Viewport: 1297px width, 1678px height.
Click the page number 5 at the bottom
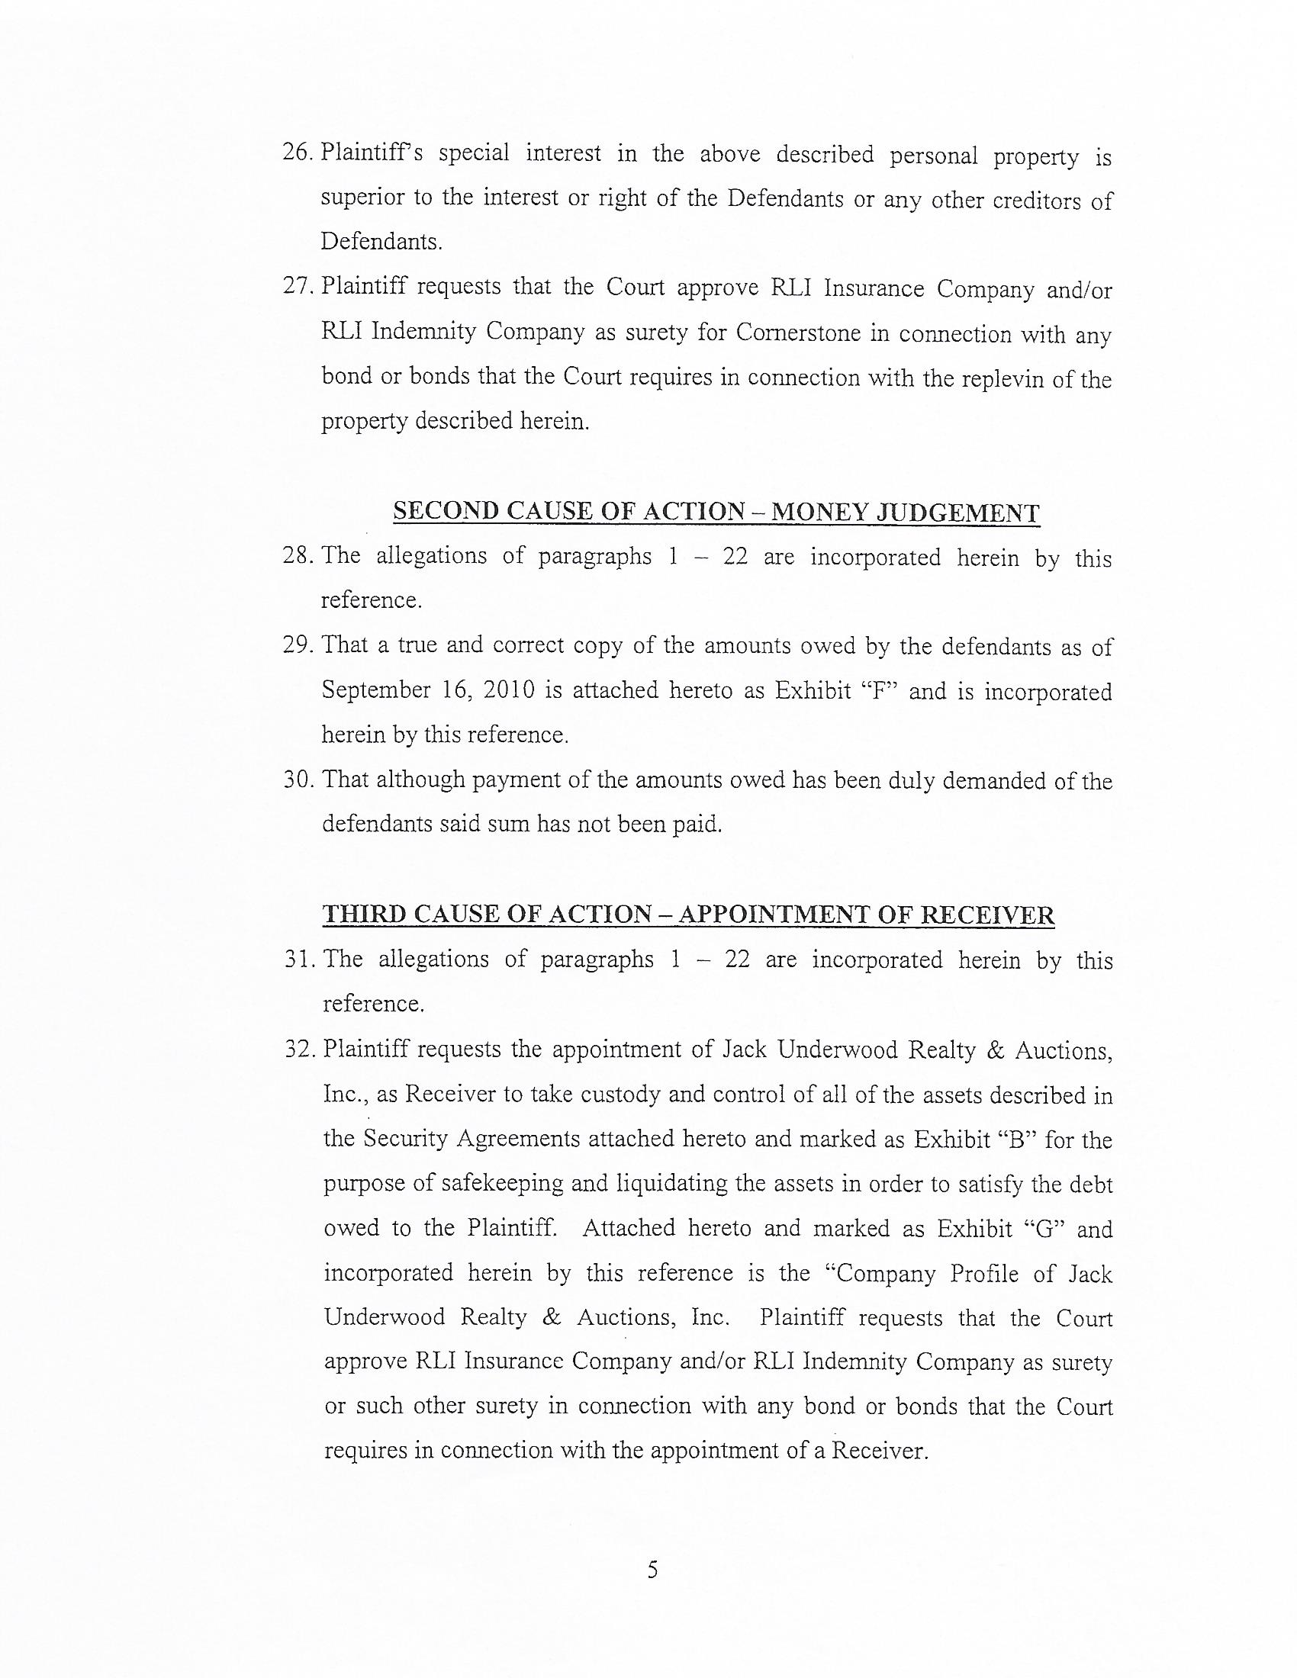click(652, 1569)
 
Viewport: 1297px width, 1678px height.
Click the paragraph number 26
click(296, 152)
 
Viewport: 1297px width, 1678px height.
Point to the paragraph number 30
click(298, 780)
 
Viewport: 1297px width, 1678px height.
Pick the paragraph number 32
click(298, 1049)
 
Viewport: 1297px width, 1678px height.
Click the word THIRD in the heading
click(364, 915)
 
